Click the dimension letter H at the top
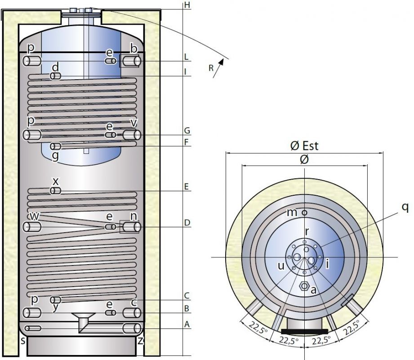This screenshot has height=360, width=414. [x=187, y=5]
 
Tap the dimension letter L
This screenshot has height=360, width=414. [x=187, y=57]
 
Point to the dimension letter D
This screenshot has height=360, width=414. [x=187, y=222]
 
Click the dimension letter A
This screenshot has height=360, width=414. [x=187, y=324]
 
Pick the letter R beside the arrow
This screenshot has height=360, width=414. [x=211, y=68]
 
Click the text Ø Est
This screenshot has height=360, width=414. [x=304, y=146]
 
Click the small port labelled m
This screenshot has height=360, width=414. [x=304, y=212]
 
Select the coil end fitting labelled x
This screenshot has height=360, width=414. [x=55, y=191]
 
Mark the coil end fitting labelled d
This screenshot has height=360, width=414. [x=55, y=76]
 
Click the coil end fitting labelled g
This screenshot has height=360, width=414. [x=55, y=147]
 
